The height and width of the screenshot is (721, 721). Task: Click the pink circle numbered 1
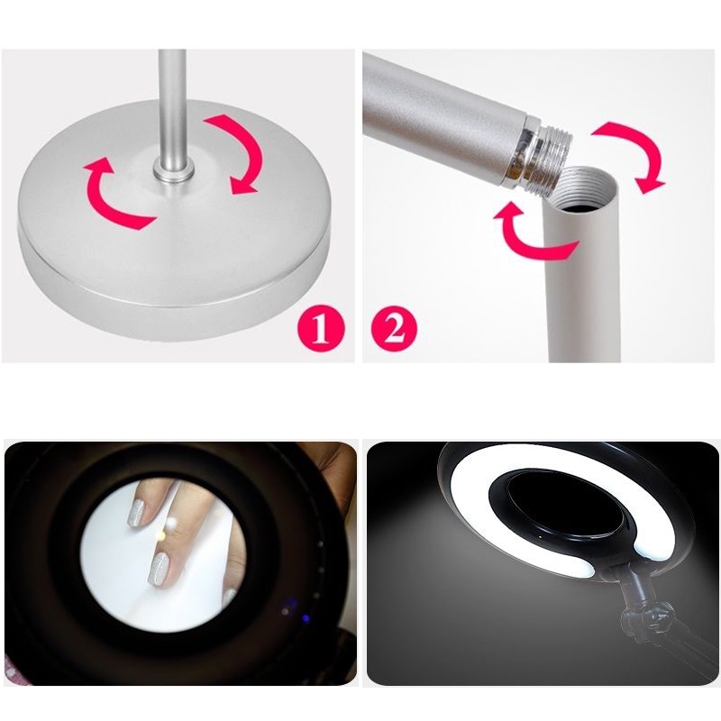[x=321, y=329]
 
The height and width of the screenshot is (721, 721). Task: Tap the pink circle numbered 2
[x=394, y=329]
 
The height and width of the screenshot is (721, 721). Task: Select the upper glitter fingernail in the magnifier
[x=137, y=513]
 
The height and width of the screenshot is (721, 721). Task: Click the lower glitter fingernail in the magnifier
[x=160, y=570]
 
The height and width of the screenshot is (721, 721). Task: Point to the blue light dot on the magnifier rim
[x=305, y=617]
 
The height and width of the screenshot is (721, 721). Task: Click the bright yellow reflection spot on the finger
[x=161, y=535]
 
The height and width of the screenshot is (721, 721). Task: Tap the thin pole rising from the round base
[x=172, y=105]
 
